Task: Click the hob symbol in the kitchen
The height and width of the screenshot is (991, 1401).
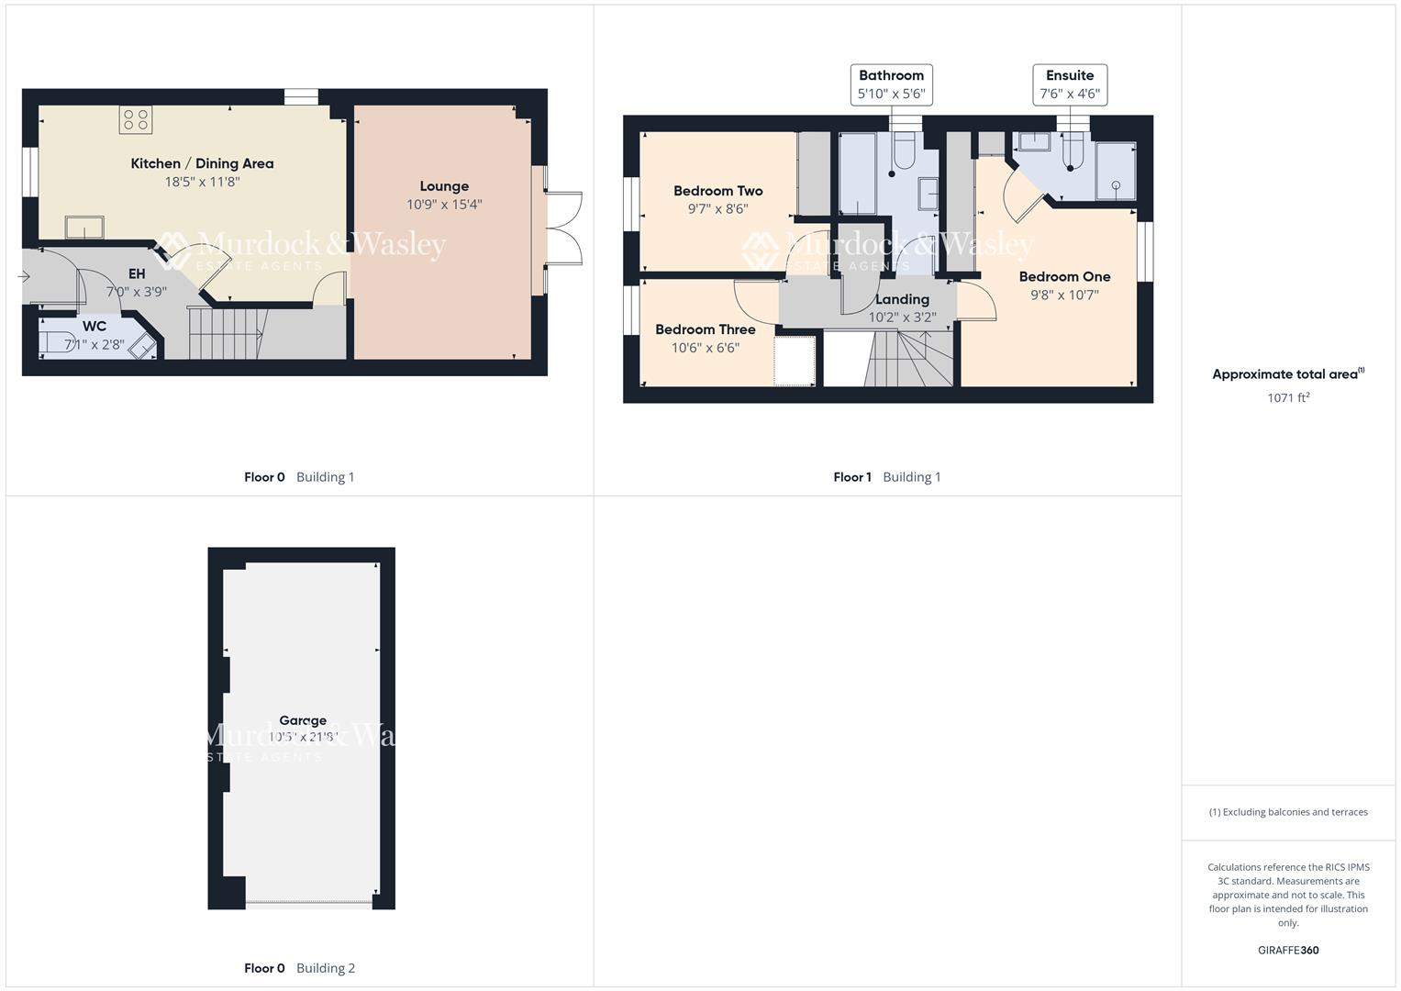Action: (x=136, y=119)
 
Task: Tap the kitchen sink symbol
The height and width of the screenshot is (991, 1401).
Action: (x=83, y=228)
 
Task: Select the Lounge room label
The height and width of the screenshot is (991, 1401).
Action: (x=444, y=186)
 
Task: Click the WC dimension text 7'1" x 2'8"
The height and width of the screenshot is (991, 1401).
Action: (x=94, y=345)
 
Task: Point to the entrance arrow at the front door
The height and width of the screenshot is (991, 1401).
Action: (x=24, y=276)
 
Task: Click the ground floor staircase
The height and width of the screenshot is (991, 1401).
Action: (x=227, y=334)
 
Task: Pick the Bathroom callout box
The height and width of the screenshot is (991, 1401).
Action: (x=891, y=84)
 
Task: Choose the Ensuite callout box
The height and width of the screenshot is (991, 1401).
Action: (x=1070, y=84)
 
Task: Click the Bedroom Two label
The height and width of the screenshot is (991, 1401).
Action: (x=717, y=191)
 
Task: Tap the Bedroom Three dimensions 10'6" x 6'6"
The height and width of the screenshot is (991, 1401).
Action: (x=705, y=348)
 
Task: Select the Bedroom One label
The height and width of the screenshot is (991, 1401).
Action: (x=1064, y=276)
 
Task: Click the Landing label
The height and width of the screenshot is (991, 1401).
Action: (x=902, y=299)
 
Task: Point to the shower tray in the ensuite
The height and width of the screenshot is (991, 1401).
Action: (x=1116, y=172)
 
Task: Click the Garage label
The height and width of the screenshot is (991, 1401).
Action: (x=303, y=720)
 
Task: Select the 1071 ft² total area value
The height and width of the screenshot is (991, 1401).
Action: (x=1288, y=397)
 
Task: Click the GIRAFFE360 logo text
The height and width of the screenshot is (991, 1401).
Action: (x=1288, y=950)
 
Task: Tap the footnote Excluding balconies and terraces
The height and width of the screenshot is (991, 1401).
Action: (x=1288, y=812)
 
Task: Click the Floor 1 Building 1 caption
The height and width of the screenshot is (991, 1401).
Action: (x=886, y=477)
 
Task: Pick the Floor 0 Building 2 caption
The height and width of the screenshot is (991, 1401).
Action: (x=299, y=968)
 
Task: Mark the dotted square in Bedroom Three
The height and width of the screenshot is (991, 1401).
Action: (x=795, y=361)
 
